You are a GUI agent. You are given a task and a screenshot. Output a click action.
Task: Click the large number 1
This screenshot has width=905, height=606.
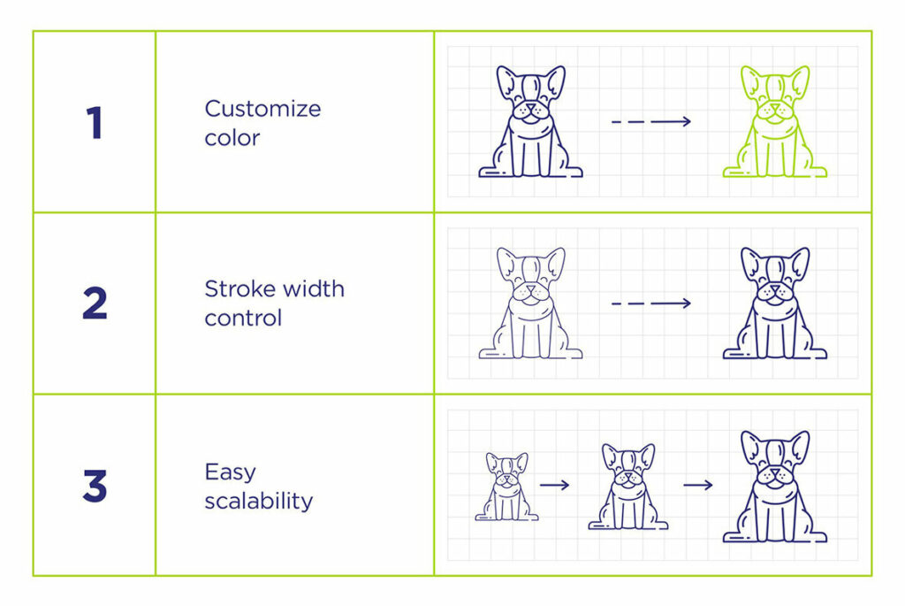(x=95, y=122)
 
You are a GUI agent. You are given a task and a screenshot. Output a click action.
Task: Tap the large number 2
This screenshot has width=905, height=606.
(x=95, y=303)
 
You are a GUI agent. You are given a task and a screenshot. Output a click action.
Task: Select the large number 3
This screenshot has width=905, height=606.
(x=95, y=486)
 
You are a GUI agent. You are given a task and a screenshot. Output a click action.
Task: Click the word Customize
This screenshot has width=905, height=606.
(x=262, y=109)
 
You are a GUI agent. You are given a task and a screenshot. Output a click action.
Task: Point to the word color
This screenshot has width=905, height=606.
(x=232, y=138)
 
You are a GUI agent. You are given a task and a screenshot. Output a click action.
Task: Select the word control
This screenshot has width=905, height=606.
(x=243, y=318)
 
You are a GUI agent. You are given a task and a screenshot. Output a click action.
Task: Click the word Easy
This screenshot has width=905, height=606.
(x=231, y=472)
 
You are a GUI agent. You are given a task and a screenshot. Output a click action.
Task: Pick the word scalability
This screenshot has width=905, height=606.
(x=259, y=501)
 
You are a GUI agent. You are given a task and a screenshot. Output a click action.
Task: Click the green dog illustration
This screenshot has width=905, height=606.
(x=774, y=121)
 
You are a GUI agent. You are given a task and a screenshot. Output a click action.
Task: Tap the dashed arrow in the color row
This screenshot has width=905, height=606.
(x=651, y=121)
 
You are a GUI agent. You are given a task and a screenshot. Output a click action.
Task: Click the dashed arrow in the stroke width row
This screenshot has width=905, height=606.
(x=651, y=303)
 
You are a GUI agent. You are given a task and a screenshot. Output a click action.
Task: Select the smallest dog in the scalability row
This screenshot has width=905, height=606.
(x=506, y=487)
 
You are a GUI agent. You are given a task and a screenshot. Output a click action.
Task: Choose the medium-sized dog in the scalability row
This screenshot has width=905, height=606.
(x=628, y=487)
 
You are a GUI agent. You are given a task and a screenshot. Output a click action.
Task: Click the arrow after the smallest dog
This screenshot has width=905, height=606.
(x=555, y=486)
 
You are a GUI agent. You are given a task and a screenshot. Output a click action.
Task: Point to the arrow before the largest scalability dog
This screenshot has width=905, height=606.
(x=698, y=486)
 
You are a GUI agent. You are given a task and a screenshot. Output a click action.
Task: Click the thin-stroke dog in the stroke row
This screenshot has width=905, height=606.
(x=530, y=303)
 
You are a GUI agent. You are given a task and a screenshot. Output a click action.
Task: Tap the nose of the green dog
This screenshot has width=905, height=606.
(x=774, y=106)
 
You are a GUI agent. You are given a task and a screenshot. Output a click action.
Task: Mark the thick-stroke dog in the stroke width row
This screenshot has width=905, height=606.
(x=774, y=303)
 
